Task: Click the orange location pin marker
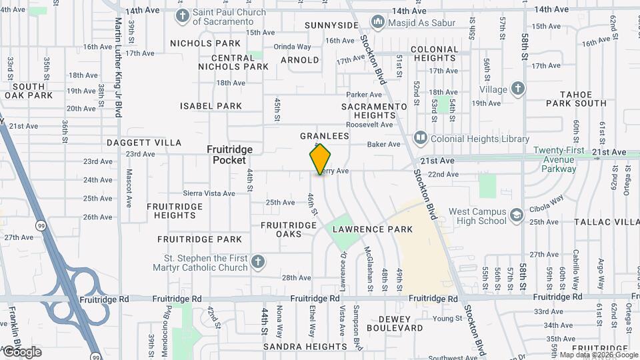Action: click(320, 159)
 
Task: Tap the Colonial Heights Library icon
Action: click(420, 139)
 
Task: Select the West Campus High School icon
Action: click(516, 215)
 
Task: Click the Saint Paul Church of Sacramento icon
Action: click(183, 16)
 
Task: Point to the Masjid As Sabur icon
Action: click(378, 23)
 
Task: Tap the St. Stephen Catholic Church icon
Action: click(259, 263)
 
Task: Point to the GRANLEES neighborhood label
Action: click(324, 136)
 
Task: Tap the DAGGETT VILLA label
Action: click(143, 143)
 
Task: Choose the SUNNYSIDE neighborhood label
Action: click(331, 25)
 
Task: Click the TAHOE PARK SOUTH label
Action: click(576, 99)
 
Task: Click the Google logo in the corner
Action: click(21, 352)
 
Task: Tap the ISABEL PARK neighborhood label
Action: click(211, 106)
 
